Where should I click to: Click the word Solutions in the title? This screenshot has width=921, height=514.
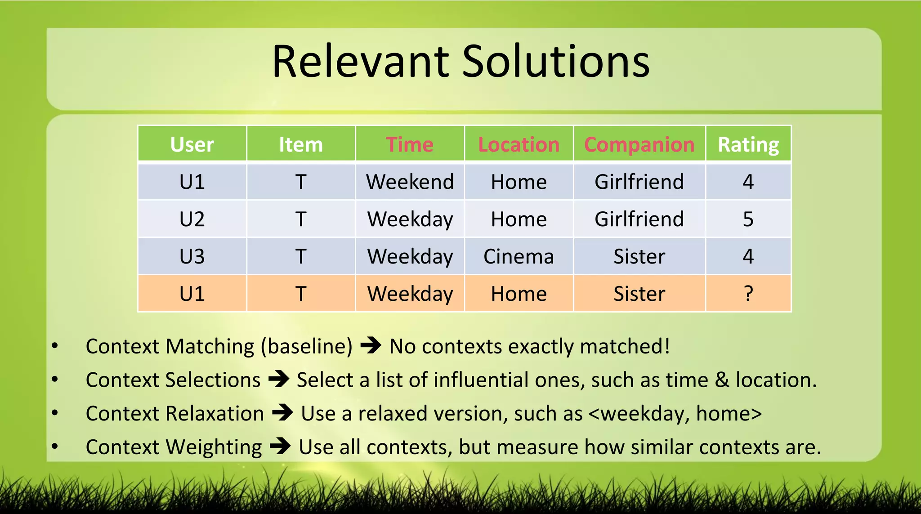[x=556, y=62]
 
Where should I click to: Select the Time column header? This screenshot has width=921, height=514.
[x=410, y=144]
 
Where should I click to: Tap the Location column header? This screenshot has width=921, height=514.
[x=519, y=144]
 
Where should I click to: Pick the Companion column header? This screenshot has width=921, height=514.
[x=639, y=144]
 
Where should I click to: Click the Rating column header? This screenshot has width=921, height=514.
[x=748, y=144]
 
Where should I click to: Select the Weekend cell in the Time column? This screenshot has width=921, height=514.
[x=410, y=182]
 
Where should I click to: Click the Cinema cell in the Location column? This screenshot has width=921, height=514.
[x=519, y=256]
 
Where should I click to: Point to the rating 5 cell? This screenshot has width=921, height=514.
[x=748, y=219]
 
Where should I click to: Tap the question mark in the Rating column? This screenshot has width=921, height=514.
[x=748, y=294]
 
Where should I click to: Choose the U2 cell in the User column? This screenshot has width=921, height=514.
[x=192, y=219]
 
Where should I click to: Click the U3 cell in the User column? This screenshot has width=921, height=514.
[x=192, y=256]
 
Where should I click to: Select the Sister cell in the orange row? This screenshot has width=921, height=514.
[x=639, y=294]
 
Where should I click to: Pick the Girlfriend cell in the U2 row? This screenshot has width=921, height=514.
[x=639, y=219]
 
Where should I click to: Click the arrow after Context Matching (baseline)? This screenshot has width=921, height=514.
[x=371, y=346]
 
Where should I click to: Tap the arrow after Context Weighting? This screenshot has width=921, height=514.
[x=280, y=447]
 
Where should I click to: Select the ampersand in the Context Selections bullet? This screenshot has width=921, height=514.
[x=722, y=380]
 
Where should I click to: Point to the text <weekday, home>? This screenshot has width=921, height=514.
[x=675, y=413]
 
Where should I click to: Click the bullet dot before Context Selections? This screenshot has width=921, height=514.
[x=55, y=380]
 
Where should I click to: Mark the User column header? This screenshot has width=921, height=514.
[x=192, y=144]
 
